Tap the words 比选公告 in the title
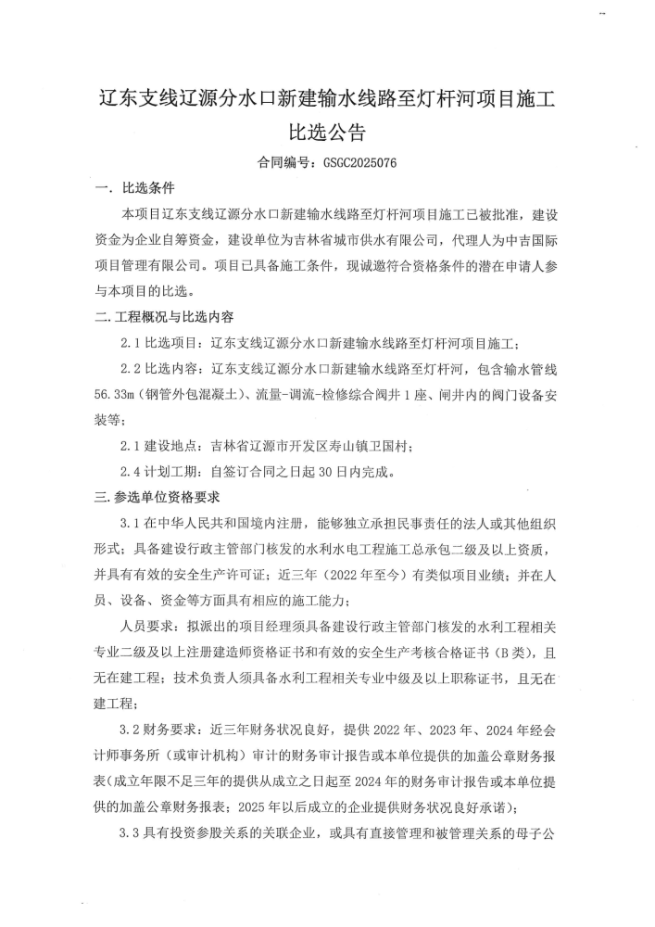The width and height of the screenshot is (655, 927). [x=328, y=129]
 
